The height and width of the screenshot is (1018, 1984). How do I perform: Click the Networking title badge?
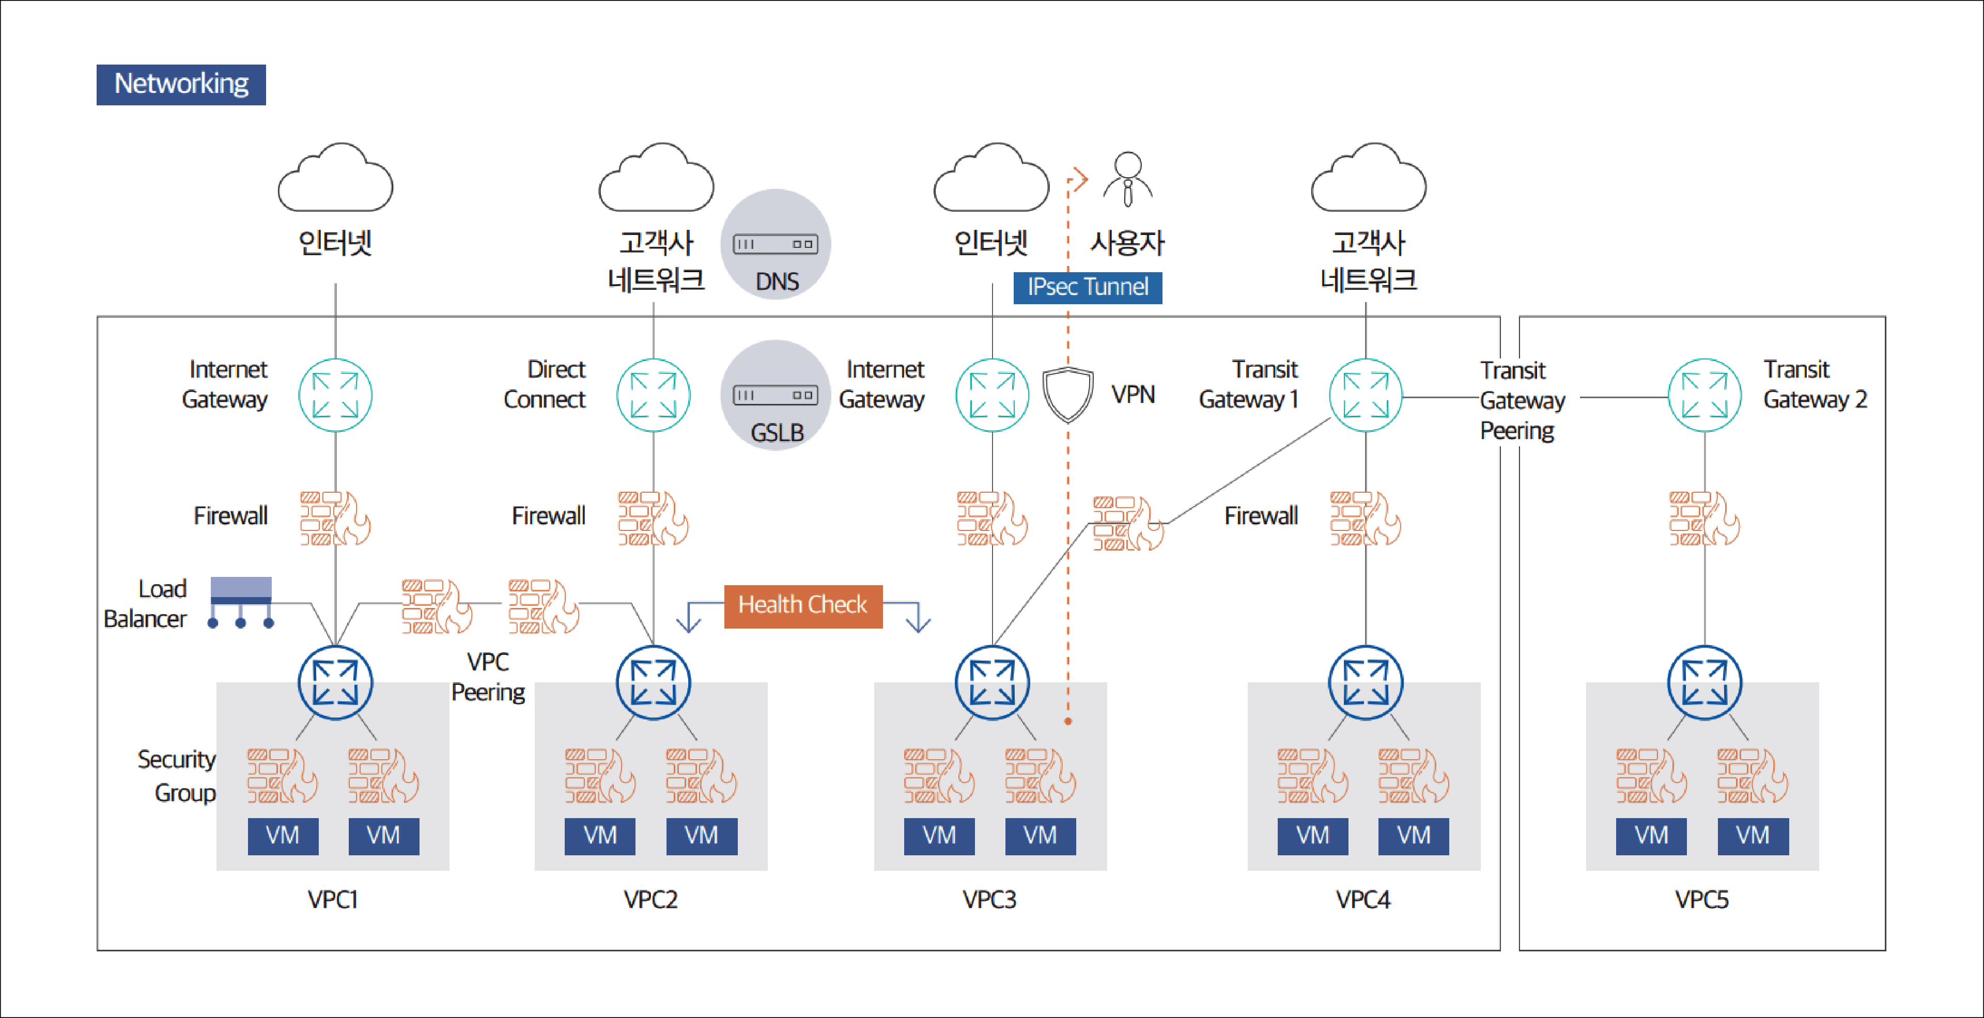click(x=181, y=84)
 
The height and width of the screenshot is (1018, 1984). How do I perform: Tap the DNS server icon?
click(x=775, y=244)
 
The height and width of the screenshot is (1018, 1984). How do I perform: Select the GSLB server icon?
click(x=775, y=395)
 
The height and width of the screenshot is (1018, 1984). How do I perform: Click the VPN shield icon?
click(x=1067, y=394)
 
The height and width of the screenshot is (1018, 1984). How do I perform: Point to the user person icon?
click(x=1127, y=179)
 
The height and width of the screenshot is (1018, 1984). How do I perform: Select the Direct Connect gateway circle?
click(x=653, y=395)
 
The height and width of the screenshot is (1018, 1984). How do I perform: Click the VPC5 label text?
click(x=1701, y=899)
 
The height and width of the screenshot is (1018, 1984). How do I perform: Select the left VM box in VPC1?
click(x=283, y=836)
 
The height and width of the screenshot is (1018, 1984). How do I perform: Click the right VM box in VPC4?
click(x=1413, y=836)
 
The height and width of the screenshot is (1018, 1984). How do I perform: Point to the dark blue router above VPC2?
click(x=653, y=682)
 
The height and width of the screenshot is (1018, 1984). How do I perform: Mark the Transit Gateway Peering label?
click(x=1521, y=400)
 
